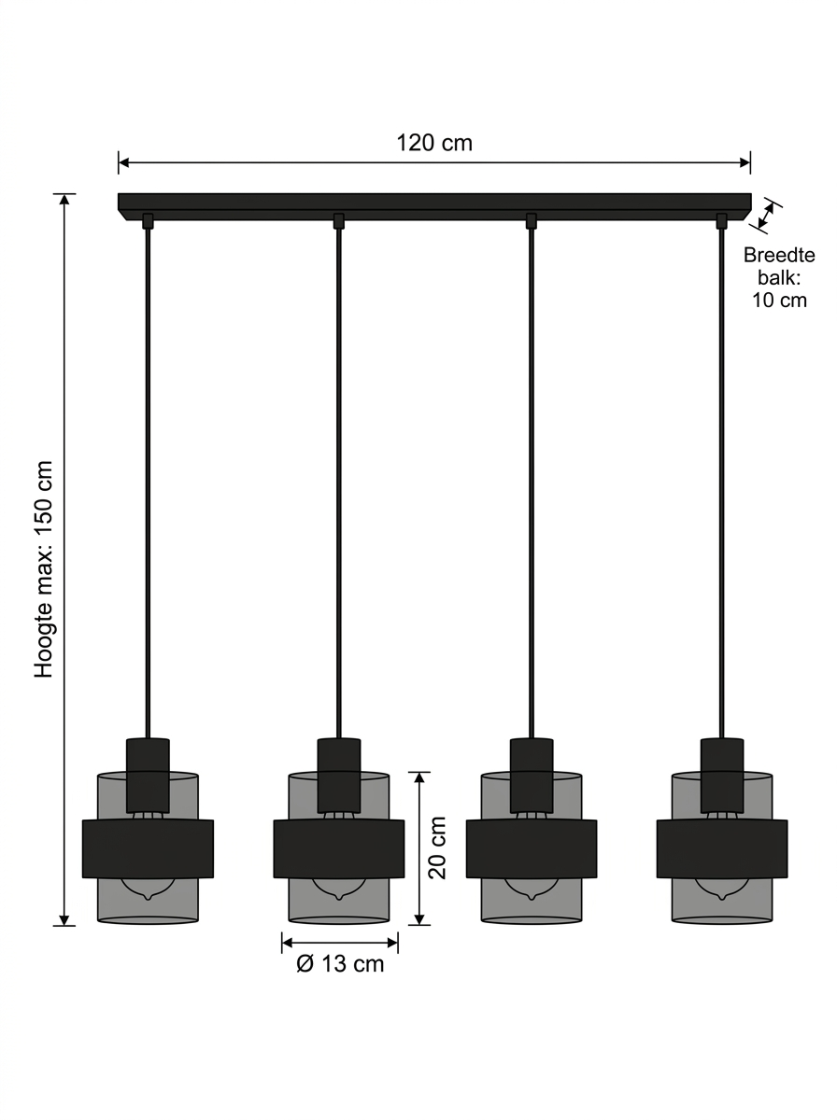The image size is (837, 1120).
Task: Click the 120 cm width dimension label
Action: [434, 144]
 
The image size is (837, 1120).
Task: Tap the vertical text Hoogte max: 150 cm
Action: [44, 569]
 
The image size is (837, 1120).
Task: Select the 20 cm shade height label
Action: [438, 848]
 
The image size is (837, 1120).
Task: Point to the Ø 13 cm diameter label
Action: [340, 964]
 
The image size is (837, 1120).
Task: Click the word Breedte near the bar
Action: [779, 255]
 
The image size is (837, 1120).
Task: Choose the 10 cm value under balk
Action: [779, 300]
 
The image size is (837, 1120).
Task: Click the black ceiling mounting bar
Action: [434, 206]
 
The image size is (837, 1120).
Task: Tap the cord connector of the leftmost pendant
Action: [149, 221]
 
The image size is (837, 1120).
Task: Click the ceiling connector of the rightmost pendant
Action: [721, 221]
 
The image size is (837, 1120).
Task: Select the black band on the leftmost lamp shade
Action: [149, 848]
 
